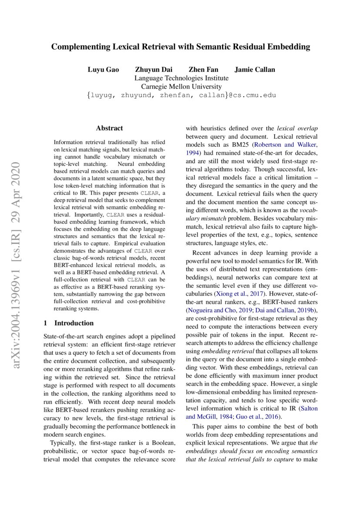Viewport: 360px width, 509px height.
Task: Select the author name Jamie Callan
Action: (x=255, y=70)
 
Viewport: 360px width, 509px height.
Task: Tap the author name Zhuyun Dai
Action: (x=153, y=70)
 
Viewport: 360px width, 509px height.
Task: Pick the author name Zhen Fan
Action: (x=203, y=70)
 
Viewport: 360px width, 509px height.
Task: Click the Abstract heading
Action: (x=109, y=128)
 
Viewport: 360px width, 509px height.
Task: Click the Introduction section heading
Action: (x=74, y=323)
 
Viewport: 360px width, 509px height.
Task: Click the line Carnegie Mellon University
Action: (x=181, y=87)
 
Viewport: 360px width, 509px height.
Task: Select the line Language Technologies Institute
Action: (x=181, y=78)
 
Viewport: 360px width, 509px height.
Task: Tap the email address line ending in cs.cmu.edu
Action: (x=181, y=95)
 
